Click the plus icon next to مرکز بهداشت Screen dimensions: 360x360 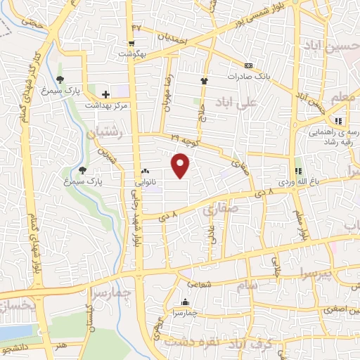[x=106, y=94]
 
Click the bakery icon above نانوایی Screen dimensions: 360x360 [x=146, y=171]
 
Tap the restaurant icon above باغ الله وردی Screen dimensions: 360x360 [x=297, y=170]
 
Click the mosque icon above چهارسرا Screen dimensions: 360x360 [x=186, y=302]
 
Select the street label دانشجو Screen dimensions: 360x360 [x=13, y=349]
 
